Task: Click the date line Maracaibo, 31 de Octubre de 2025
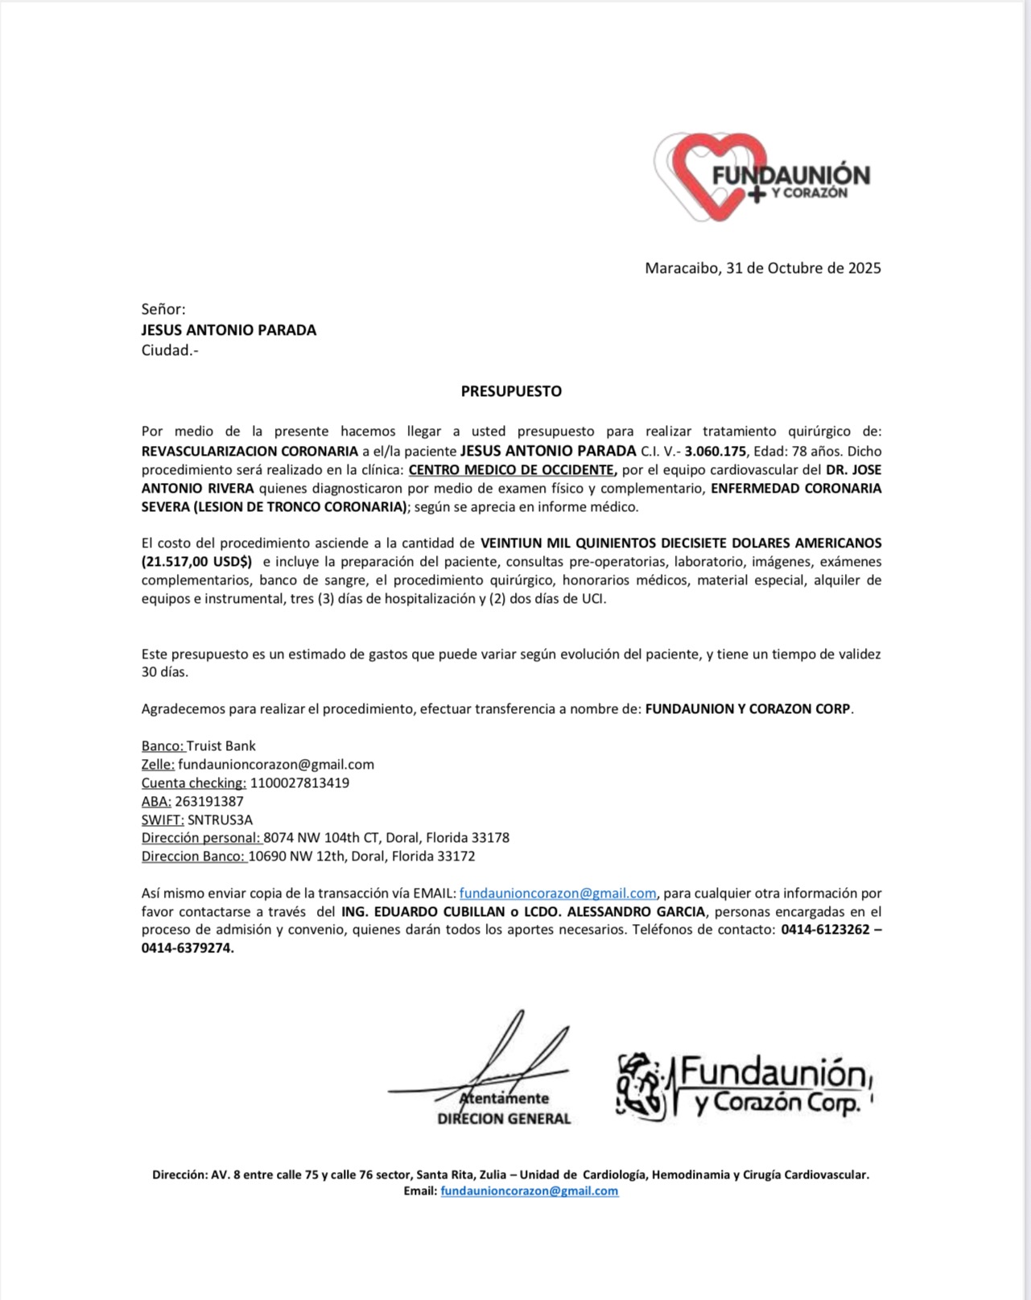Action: [762, 268]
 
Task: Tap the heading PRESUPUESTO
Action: [511, 392]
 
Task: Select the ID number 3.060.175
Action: [716, 452]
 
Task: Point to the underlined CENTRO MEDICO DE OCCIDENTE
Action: [512, 470]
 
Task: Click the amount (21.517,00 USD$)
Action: [196, 562]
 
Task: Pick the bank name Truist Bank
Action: [221, 746]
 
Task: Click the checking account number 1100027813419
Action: [299, 783]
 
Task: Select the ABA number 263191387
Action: [209, 802]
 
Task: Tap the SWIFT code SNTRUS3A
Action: [220, 820]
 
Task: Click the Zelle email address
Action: [276, 765]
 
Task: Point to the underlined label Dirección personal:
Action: [201, 838]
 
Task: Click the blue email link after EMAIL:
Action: [558, 893]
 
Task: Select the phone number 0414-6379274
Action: [188, 949]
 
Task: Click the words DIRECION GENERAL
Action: [504, 1119]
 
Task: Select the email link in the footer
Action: [530, 1191]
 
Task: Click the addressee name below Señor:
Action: [229, 330]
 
